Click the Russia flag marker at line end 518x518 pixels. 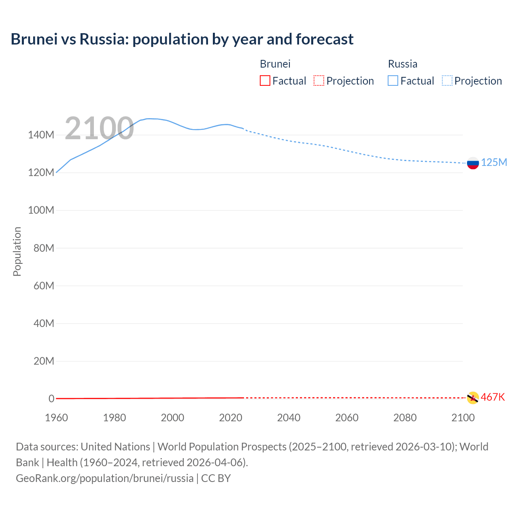(x=473, y=163)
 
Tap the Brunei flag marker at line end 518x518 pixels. (x=473, y=398)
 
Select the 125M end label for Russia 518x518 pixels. (x=494, y=162)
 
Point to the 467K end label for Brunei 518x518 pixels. (x=493, y=397)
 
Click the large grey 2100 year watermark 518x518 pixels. (x=99, y=128)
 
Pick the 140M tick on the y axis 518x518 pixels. (x=41, y=135)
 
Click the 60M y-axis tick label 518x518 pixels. (x=44, y=286)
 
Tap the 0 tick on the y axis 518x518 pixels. (x=51, y=399)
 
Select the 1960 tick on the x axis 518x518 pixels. (x=56, y=418)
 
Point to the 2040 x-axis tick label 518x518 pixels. (x=289, y=418)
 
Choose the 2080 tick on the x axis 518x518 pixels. (x=405, y=418)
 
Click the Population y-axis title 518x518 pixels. (x=17, y=251)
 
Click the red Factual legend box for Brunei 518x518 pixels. (x=265, y=81)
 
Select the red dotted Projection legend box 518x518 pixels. (x=319, y=81)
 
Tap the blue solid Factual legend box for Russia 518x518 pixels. (x=393, y=81)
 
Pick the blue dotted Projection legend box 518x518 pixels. (x=447, y=81)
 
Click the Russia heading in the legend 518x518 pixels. (x=402, y=64)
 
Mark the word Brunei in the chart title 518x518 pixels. (x=34, y=39)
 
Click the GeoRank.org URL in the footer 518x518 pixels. (x=104, y=478)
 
